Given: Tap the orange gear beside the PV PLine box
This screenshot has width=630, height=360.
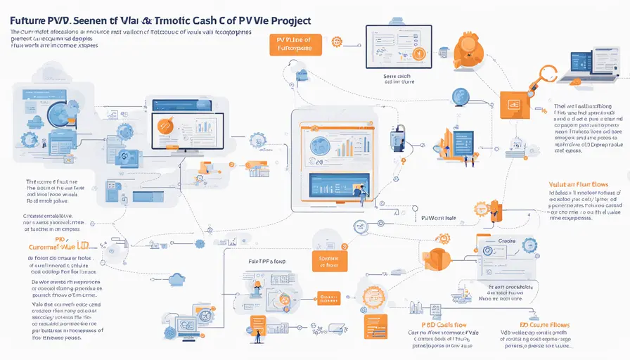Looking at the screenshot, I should (x=336, y=42).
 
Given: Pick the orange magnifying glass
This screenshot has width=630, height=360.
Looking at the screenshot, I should (x=546, y=76).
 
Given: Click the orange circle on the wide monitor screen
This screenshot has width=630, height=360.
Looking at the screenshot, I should (x=167, y=125).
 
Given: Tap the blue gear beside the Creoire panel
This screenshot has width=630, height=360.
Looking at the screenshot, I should (x=529, y=245).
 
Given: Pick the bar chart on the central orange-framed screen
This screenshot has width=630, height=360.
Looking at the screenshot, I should (x=343, y=146).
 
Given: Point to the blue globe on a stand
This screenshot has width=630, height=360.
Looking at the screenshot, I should (x=460, y=96).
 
